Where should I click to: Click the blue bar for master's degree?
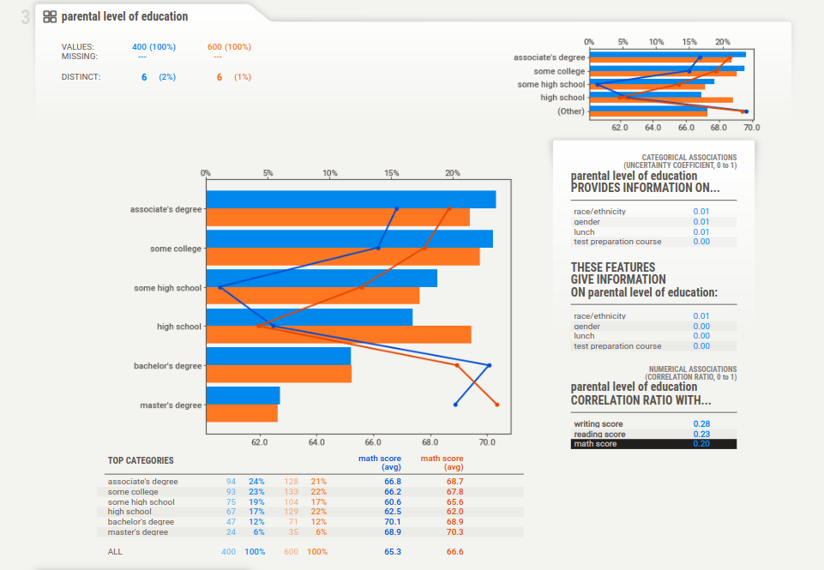click(243, 395)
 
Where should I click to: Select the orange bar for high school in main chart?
click(339, 335)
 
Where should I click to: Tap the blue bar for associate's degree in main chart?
click(351, 200)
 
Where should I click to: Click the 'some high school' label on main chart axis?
click(167, 288)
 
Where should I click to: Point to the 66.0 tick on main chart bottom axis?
click(373, 443)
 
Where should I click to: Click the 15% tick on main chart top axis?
click(392, 173)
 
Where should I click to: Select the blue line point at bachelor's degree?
click(490, 366)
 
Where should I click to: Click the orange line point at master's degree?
click(497, 404)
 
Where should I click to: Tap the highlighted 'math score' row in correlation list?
click(653, 444)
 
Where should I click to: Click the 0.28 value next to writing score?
click(701, 424)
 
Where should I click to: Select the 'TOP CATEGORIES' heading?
click(141, 461)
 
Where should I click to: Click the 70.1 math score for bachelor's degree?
click(393, 522)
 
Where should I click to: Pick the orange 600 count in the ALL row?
click(292, 552)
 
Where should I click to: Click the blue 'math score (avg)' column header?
click(379, 463)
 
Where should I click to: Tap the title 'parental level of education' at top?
click(124, 16)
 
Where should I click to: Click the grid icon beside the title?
click(50, 16)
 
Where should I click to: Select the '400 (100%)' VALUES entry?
click(153, 46)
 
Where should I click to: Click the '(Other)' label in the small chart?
click(570, 111)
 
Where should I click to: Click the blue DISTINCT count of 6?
click(144, 77)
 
